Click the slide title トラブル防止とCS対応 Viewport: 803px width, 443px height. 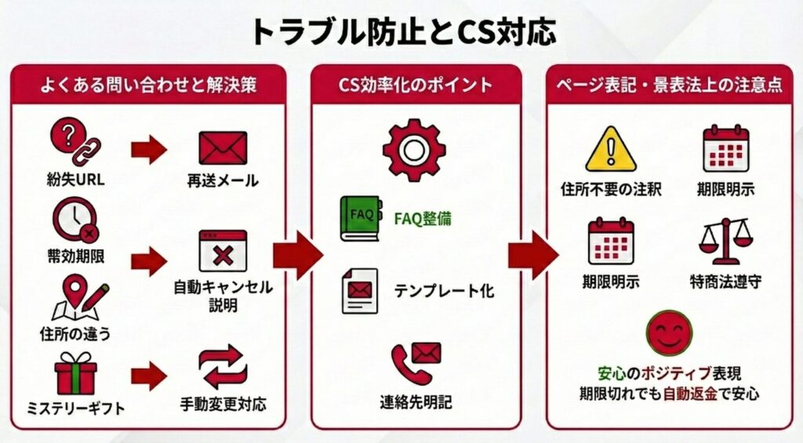click(401, 31)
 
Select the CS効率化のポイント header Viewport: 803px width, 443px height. click(416, 85)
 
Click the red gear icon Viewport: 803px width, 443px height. click(414, 150)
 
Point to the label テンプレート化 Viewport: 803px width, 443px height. click(444, 291)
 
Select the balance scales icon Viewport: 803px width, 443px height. click(724, 240)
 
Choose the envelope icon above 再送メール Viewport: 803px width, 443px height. click(223, 147)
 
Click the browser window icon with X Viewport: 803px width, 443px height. click(223, 251)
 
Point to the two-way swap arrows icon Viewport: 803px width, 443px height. click(223, 366)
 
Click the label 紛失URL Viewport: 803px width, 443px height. click(76, 180)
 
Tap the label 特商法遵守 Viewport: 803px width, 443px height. click(724, 281)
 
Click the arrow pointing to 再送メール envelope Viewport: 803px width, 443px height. click(148, 149)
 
